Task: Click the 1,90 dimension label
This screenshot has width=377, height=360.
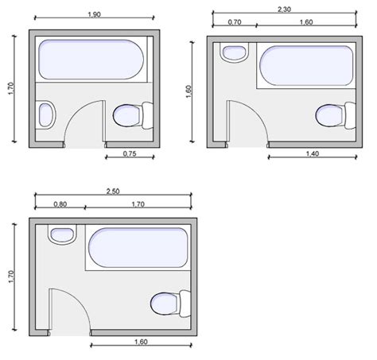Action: pyautogui.click(x=95, y=14)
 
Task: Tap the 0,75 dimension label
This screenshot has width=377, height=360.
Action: pyautogui.click(x=130, y=153)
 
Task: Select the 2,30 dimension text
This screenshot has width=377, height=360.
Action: pyautogui.click(x=284, y=10)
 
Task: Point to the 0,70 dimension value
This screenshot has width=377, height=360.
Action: pyautogui.click(x=235, y=22)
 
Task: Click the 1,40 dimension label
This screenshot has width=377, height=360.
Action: pyautogui.click(x=313, y=153)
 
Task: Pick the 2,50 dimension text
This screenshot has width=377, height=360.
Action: pyautogui.click(x=113, y=191)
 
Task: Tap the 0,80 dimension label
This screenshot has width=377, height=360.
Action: pyautogui.click(x=60, y=204)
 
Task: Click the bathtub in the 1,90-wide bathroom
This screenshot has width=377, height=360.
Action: pyautogui.click(x=91, y=60)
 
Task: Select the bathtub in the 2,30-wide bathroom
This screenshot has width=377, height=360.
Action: pyautogui.click(x=306, y=66)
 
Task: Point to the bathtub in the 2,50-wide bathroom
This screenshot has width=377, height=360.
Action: pyautogui.click(x=138, y=247)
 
